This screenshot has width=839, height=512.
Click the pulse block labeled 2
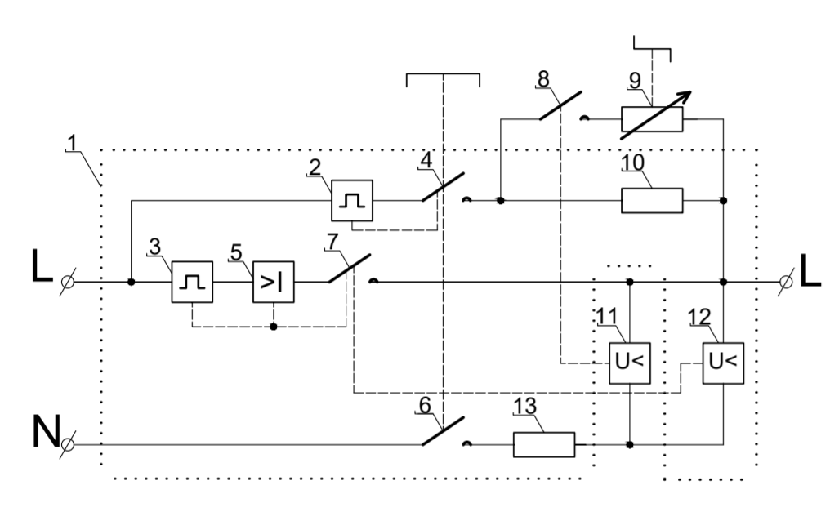pyautogui.click(x=352, y=201)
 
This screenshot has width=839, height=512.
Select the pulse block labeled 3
pyautogui.click(x=192, y=282)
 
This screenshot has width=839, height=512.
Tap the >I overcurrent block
pyautogui.click(x=274, y=282)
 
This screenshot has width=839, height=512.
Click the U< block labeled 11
pyautogui.click(x=630, y=363)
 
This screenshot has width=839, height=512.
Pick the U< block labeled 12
pyautogui.click(x=723, y=363)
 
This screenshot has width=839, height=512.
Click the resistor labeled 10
pyautogui.click(x=652, y=201)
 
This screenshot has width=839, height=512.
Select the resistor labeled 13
pyautogui.click(x=544, y=444)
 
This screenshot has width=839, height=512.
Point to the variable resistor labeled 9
pyautogui.click(x=652, y=119)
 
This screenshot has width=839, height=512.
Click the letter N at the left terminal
pyautogui.click(x=47, y=430)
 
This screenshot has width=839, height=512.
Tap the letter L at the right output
pyautogui.click(x=810, y=270)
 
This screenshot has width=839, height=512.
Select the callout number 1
pyautogui.click(x=72, y=143)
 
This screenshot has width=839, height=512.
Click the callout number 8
pyautogui.click(x=543, y=79)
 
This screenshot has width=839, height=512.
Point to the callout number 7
pyautogui.click(x=332, y=241)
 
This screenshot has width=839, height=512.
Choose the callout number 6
pyautogui.click(x=425, y=406)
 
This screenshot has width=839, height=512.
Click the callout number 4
pyautogui.click(x=426, y=160)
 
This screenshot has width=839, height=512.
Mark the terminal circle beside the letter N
pyautogui.click(x=68, y=444)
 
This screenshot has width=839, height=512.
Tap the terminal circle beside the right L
pyautogui.click(x=786, y=282)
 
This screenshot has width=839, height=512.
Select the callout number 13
pyautogui.click(x=525, y=406)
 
